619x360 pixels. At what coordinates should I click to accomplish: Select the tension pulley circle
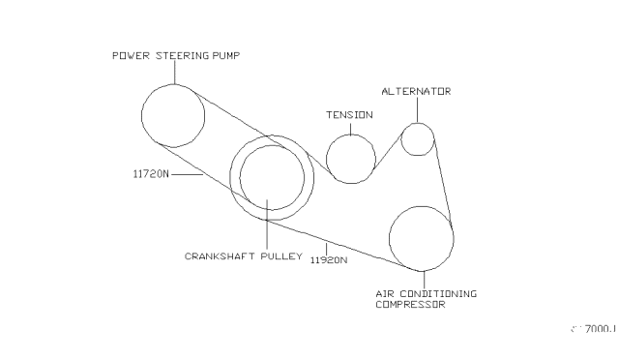(350, 157)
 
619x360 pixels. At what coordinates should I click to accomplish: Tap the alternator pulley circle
(417, 138)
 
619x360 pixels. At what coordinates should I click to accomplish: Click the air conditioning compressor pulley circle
(421, 237)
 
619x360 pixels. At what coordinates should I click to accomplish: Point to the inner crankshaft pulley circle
(272, 177)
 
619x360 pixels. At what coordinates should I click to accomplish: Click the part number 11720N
(151, 175)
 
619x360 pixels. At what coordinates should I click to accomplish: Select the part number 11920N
(329, 259)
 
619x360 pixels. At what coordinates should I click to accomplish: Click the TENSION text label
(348, 115)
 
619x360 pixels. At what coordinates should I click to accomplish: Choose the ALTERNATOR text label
(416, 91)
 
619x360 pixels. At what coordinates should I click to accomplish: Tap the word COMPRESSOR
(410, 304)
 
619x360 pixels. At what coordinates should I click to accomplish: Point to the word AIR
(383, 292)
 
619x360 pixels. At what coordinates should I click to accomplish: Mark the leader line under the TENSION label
(349, 127)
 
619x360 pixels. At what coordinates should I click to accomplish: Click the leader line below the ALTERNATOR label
(418, 109)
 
